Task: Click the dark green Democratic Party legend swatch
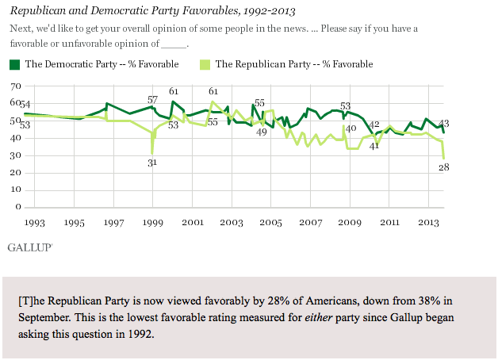[16, 64]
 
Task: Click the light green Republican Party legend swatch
[205, 64]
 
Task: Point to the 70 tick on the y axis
[14, 86]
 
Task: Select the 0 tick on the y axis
[17, 208]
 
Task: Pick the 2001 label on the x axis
[192, 223]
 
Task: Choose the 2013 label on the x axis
[428, 223]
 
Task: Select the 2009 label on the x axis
[350, 223]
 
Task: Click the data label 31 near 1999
[153, 163]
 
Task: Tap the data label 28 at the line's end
[444, 167]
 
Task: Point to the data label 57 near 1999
[153, 99]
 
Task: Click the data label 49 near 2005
[261, 132]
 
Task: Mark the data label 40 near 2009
[351, 128]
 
